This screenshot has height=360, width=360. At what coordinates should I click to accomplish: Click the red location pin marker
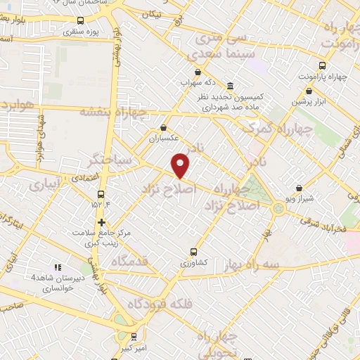point(181,165)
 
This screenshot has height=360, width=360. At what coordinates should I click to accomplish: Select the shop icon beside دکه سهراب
point(198,72)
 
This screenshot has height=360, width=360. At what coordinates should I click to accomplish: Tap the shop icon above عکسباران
point(163,127)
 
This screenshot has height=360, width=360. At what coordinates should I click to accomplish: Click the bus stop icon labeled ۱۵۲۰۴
point(101,194)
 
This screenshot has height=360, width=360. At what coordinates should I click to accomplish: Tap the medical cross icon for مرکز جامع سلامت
point(102,222)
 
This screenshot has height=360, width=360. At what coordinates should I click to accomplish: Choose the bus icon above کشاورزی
point(193,252)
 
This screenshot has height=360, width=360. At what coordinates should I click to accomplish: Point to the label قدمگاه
point(129,261)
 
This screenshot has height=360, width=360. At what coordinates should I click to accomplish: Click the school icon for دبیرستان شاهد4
point(58,267)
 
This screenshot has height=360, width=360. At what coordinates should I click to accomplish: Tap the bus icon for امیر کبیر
point(134,337)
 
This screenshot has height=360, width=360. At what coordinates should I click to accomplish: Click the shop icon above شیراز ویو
point(300,188)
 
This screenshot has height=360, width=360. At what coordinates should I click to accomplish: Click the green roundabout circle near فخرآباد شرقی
point(279,208)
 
